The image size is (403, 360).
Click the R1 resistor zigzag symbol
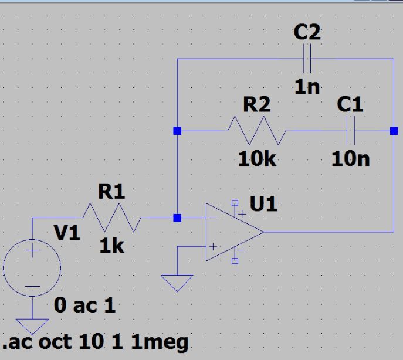click(112, 218)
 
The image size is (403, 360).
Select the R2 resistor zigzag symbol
click(256, 131)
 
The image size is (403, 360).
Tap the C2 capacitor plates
click(307, 59)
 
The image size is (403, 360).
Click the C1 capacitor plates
click(351, 131)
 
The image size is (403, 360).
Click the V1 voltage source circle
click(32, 267)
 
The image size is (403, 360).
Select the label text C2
click(307, 32)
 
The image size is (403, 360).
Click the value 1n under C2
click(307, 87)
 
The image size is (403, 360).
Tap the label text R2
click(257, 104)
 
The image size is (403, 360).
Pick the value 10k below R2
click(257, 159)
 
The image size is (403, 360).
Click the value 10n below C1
click(351, 159)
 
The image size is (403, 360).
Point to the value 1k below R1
click(112, 246)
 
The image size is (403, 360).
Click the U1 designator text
click(263, 204)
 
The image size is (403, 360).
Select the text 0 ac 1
click(84, 305)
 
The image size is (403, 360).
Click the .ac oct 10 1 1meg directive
click(96, 342)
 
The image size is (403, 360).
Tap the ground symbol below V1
click(32, 327)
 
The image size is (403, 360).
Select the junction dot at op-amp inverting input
click(177, 218)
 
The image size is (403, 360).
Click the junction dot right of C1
click(394, 131)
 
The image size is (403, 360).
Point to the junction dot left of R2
click(177, 131)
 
